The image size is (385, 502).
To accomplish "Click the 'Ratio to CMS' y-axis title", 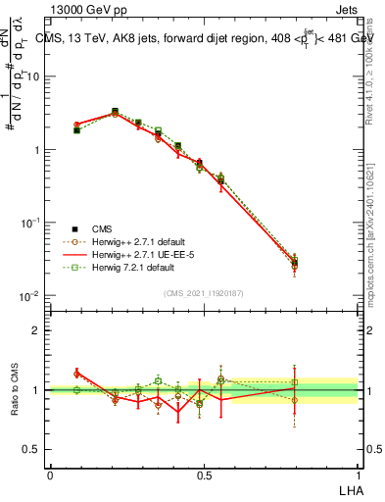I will (x=15, y=390).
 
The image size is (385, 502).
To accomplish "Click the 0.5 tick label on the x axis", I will (x=204, y=474).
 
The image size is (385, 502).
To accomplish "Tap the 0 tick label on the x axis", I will (x=50, y=474).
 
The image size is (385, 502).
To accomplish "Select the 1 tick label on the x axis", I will (x=358, y=474).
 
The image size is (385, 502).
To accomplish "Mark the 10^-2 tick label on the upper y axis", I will (x=31, y=296).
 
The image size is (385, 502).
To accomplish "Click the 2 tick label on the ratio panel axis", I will (x=37, y=330).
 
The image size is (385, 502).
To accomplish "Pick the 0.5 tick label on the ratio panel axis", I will (x=33, y=449).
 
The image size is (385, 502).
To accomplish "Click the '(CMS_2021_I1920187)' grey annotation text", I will (x=204, y=292).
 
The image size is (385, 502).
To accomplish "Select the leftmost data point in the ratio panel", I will (x=77, y=390).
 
